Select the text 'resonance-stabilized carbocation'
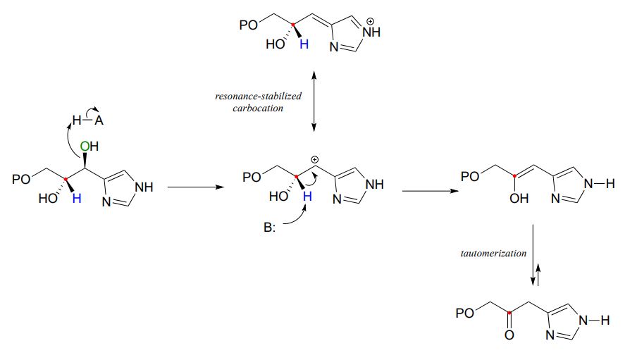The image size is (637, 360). (258, 102)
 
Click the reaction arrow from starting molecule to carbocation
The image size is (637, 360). (191, 187)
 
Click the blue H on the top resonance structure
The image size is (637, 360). (304, 44)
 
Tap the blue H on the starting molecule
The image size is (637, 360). (77, 199)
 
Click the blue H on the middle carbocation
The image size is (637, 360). (307, 198)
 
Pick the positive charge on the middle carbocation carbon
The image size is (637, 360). (315, 160)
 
